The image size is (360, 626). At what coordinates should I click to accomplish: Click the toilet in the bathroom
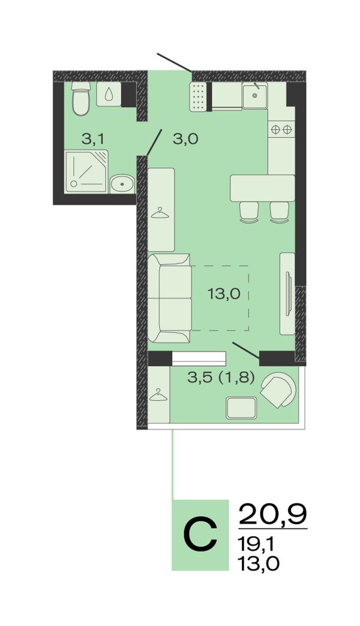pos(81,98)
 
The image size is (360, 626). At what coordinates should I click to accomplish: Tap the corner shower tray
pos(87,171)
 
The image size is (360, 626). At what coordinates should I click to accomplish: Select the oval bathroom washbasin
pos(122,183)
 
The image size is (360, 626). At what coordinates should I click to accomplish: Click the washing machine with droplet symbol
pos(109,94)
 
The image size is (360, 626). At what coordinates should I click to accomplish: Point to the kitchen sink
pos(254,95)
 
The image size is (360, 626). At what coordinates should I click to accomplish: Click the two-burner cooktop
pos(281,130)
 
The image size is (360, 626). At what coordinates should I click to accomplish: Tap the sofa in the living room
pos(169,298)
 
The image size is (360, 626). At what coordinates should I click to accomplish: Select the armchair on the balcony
pos(278,390)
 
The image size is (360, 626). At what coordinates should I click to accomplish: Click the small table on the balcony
pos(241,408)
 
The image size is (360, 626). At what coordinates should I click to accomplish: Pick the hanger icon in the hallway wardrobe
pos(160,212)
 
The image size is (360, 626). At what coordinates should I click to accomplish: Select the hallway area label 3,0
pos(185,139)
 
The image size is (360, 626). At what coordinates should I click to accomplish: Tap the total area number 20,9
pos(272,514)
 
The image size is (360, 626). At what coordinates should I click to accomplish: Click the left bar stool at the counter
pos(249,212)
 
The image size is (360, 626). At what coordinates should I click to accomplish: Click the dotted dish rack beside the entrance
pos(198,97)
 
